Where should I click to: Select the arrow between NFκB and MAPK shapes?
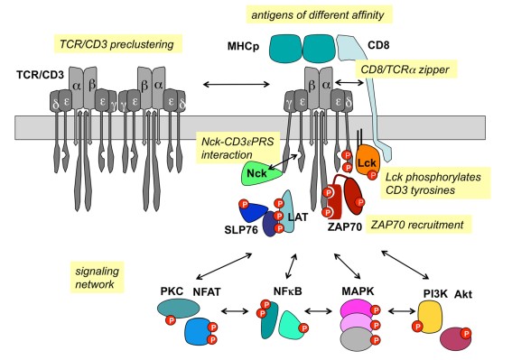325,315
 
